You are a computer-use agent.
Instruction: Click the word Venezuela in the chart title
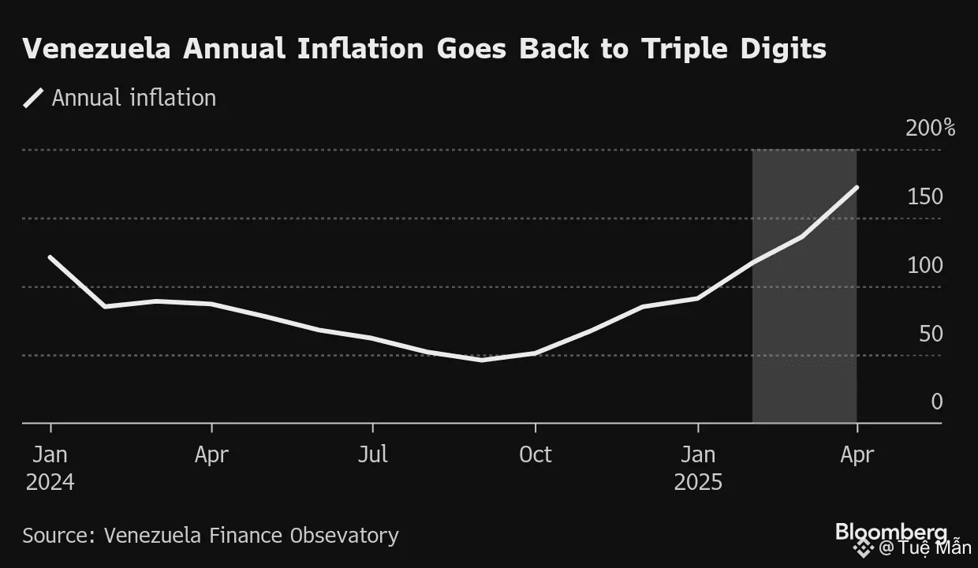[98, 49]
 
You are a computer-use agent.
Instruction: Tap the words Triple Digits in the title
[733, 49]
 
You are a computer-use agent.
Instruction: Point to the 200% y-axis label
[930, 128]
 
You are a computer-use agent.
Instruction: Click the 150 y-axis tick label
[925, 196]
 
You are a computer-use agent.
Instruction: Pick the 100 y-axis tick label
[925, 265]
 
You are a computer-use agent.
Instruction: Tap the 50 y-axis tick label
[931, 334]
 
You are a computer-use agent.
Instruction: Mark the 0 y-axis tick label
[936, 402]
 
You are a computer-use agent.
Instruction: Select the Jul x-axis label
[372, 455]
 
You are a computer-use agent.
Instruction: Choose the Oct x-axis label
[536, 455]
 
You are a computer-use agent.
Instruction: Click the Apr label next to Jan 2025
[857, 455]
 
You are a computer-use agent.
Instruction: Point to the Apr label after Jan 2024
[211, 455]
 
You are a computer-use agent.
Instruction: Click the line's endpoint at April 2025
[857, 187]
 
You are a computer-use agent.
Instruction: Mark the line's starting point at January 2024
[50, 257]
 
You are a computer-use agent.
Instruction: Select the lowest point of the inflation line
[482, 360]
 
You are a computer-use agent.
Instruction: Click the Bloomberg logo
[890, 531]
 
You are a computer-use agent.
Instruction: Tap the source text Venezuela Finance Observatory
[251, 536]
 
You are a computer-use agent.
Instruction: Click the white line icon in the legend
[34, 98]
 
